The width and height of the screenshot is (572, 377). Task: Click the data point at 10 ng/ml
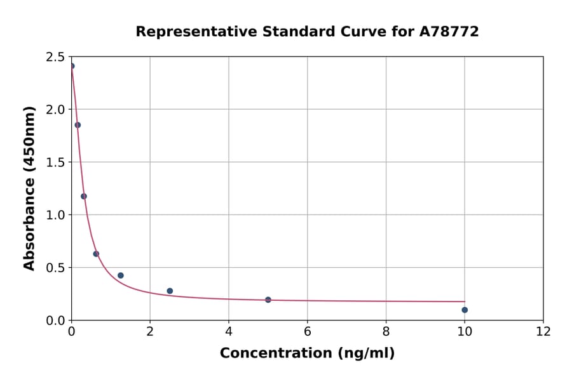tap(465, 310)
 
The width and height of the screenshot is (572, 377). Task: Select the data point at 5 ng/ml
tap(268, 300)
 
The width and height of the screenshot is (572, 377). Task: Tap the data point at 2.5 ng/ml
tap(170, 291)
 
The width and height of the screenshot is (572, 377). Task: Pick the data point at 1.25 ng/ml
tap(121, 275)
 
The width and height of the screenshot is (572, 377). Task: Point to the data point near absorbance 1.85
tap(78, 125)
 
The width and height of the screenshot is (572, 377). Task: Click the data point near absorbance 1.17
tap(84, 196)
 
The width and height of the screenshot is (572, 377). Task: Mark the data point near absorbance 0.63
tap(96, 254)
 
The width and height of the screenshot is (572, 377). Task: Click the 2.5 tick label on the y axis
tap(55, 57)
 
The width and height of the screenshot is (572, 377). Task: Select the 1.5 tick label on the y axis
tap(55, 162)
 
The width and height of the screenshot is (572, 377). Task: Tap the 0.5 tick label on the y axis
tap(55, 268)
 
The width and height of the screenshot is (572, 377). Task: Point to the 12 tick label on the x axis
tap(543, 331)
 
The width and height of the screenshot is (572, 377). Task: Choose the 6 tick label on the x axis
tap(307, 331)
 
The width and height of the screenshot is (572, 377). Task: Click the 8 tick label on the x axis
tap(386, 331)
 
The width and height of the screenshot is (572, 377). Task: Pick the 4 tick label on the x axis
tap(229, 331)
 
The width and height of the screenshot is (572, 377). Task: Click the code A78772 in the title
tap(449, 32)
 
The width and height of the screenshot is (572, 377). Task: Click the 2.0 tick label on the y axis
tap(55, 110)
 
